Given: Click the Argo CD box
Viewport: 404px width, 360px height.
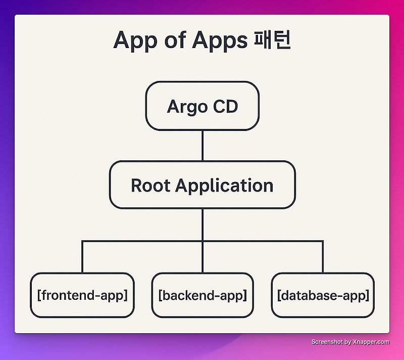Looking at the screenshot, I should (202, 107).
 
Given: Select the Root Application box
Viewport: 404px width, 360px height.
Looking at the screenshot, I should (202, 185).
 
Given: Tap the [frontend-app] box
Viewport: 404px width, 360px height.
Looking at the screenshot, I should (82, 295).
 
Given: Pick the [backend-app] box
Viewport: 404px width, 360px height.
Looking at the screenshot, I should (202, 295).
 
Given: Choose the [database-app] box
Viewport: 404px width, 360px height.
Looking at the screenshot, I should (323, 295).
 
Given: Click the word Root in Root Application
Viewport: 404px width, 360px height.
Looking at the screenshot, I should (150, 185).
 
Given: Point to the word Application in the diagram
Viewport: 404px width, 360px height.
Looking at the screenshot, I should (224, 186).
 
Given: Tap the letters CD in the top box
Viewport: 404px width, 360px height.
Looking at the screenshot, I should (225, 107).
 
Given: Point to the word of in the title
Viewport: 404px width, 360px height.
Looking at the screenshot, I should (172, 40).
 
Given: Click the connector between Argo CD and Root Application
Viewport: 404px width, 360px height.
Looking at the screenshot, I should (203, 146).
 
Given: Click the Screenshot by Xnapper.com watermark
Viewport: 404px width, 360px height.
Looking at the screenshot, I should (350, 342).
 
